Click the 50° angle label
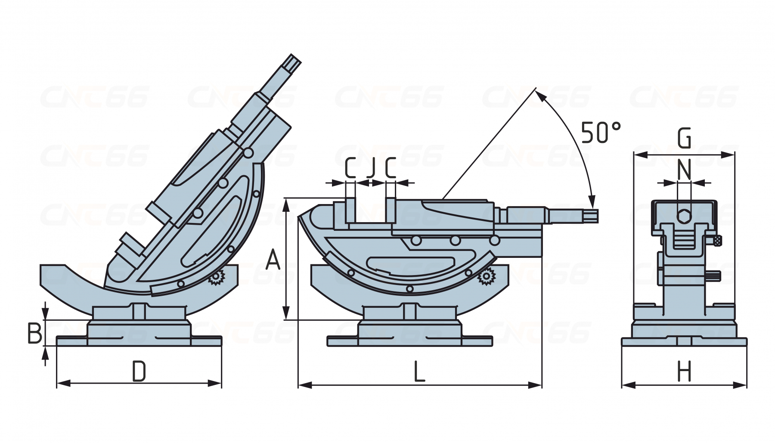tap(601, 132)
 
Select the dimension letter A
tap(273, 260)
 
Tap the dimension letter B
tap(35, 333)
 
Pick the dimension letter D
tap(139, 372)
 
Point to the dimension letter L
tap(419, 372)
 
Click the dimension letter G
tap(684, 139)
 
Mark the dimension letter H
tap(684, 372)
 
